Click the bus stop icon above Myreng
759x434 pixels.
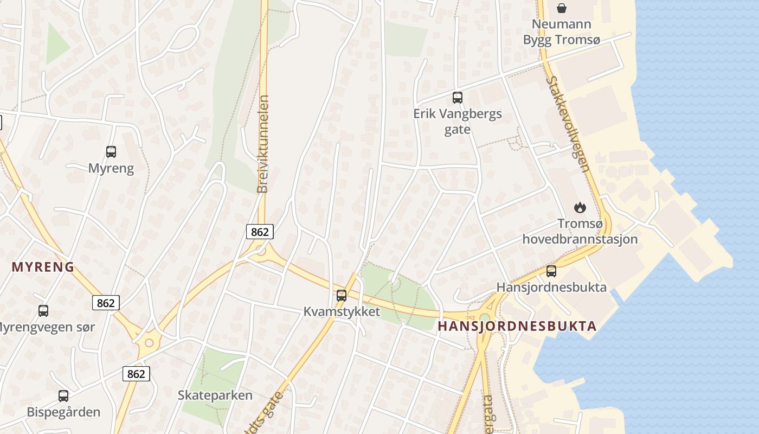click(x=111, y=152)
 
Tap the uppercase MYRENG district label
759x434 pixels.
click(x=43, y=267)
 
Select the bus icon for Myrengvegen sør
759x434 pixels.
click(x=43, y=311)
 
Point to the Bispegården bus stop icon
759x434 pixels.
click(x=63, y=396)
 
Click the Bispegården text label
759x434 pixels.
click(x=63, y=412)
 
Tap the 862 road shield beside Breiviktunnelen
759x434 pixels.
click(x=260, y=232)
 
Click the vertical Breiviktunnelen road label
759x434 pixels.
click(x=263, y=144)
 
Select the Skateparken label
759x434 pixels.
click(x=215, y=395)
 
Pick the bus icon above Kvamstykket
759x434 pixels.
click(x=342, y=296)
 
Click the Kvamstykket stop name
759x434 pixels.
click(x=342, y=312)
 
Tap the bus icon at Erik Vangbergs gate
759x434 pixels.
click(x=458, y=98)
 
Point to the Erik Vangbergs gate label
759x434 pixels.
click(x=458, y=122)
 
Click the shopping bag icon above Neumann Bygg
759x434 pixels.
click(x=562, y=8)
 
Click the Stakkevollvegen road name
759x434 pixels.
click(x=568, y=124)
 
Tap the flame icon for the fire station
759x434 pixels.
click(x=580, y=207)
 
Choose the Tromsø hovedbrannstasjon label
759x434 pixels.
click(x=580, y=231)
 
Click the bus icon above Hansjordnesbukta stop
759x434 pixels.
click(x=551, y=271)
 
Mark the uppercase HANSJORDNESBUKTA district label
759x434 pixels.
click(x=517, y=326)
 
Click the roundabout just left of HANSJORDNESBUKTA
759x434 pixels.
click(x=484, y=318)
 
